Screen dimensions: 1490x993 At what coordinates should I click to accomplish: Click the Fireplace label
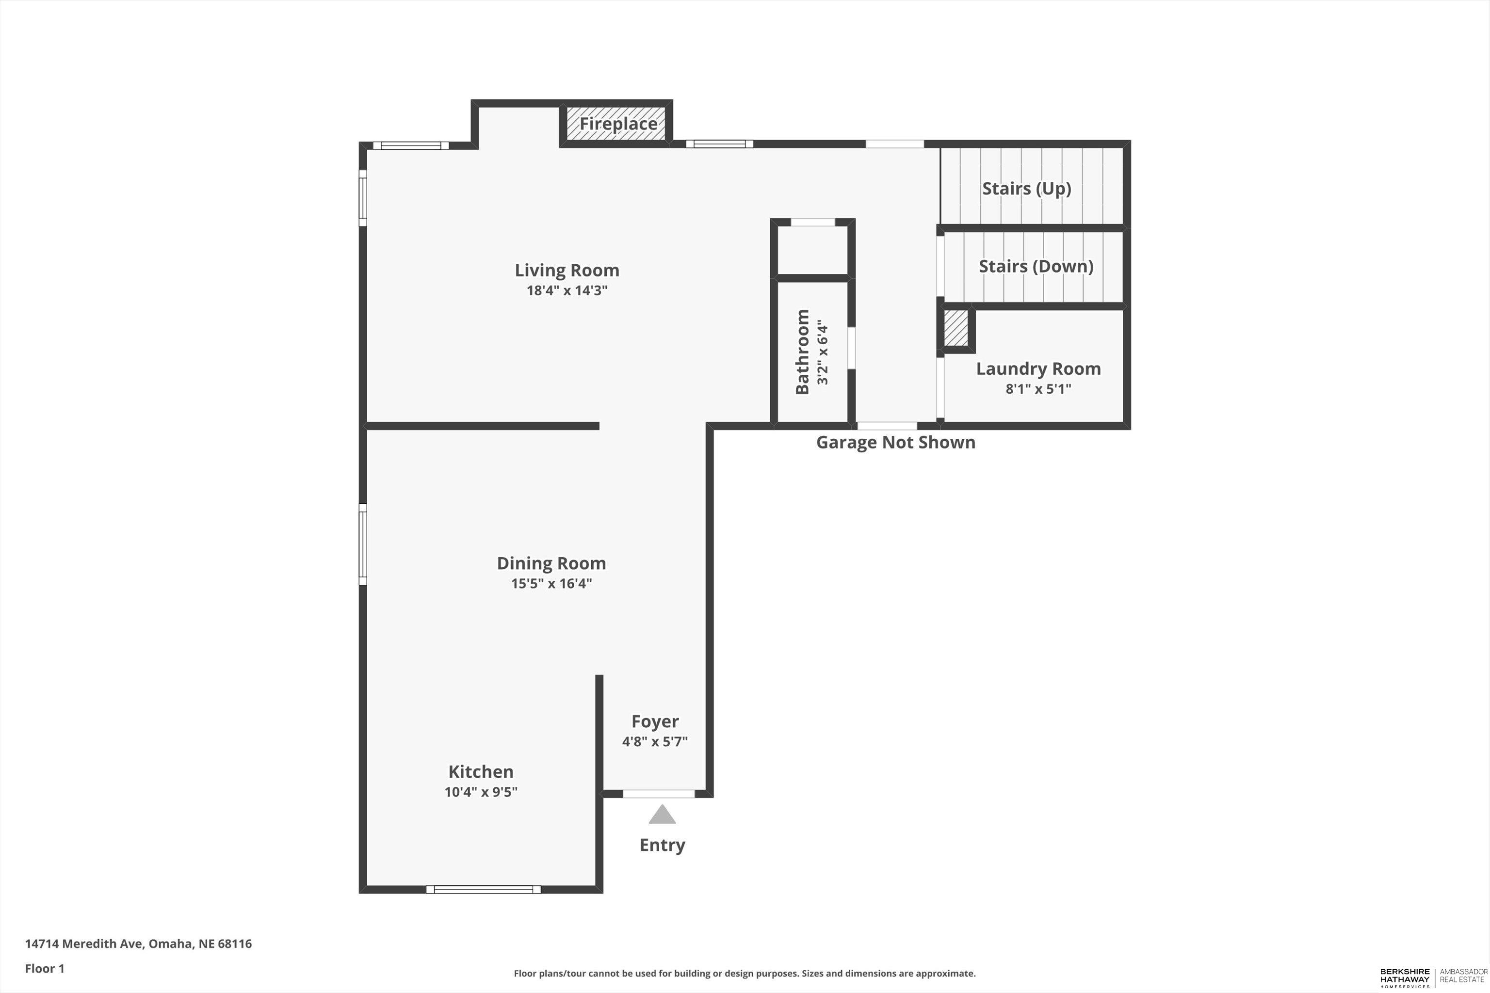pos(618,124)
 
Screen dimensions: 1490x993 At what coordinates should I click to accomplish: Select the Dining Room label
pos(551,563)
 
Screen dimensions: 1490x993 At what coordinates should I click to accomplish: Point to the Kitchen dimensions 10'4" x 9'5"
pos(481,792)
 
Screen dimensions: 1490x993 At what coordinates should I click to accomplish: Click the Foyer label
pos(655,722)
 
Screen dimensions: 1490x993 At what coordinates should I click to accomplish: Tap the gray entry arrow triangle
pos(662,815)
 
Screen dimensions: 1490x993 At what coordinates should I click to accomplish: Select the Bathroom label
pos(802,352)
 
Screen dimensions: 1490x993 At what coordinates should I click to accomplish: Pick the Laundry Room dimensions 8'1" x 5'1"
pos(1038,389)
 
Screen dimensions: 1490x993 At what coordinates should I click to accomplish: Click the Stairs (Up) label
pos(1026,189)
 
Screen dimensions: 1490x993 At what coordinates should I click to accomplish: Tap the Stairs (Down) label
pos(1036,267)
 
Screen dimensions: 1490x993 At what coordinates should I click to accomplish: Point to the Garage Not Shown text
pos(895,443)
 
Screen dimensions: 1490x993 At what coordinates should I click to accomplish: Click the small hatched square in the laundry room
pos(956,327)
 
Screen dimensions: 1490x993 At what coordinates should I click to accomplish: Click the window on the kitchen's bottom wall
pos(484,889)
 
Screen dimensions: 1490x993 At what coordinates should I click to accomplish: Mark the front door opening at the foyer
pos(659,794)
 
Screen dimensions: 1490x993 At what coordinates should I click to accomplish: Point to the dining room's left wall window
pos(363,544)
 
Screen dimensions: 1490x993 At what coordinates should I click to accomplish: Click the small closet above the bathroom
pos(813,250)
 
